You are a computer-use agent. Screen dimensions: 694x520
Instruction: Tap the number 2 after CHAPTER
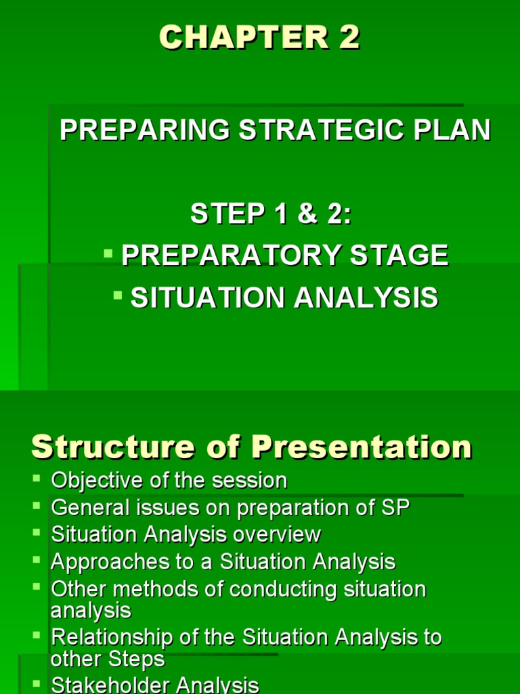pyautogui.click(x=349, y=39)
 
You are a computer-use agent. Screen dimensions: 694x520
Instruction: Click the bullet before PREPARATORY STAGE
pyautogui.click(x=108, y=253)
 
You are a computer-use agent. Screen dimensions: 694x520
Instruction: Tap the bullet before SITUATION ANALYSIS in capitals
pyautogui.click(x=118, y=295)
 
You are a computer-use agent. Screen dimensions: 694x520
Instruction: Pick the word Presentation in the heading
pyautogui.click(x=362, y=447)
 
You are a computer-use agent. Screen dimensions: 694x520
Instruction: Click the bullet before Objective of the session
pyautogui.click(x=36, y=479)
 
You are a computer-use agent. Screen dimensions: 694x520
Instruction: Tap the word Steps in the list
pyautogui.click(x=139, y=659)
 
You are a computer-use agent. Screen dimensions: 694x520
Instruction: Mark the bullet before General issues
pyautogui.click(x=36, y=506)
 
